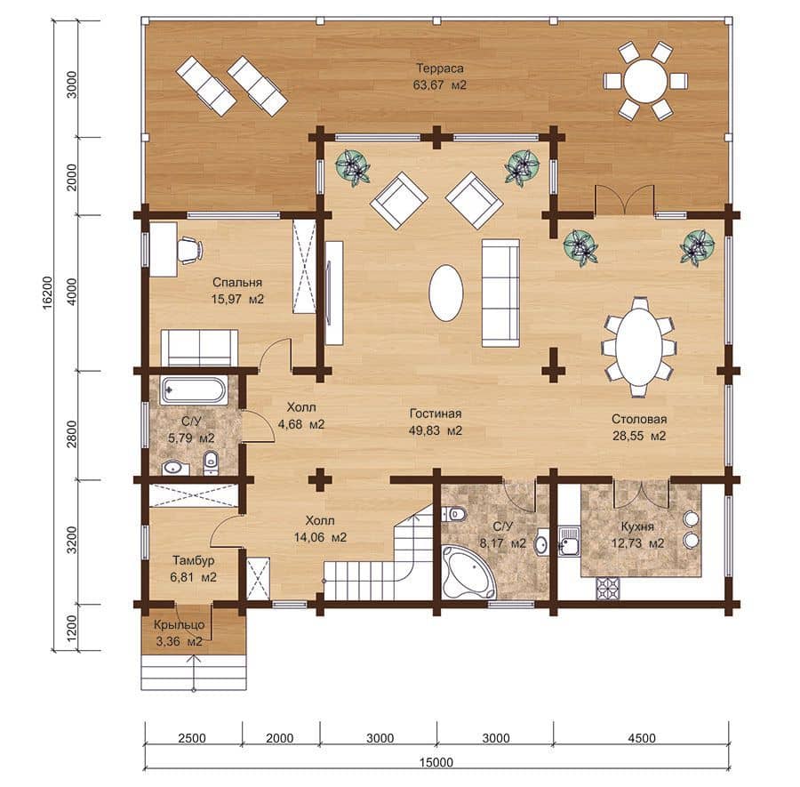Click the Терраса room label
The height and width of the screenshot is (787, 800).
point(439,68)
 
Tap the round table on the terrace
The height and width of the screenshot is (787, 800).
point(645,82)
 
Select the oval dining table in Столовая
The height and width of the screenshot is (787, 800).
point(639,347)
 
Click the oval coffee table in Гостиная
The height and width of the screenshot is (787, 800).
point(446,293)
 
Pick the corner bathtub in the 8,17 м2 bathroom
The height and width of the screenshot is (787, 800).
point(468,572)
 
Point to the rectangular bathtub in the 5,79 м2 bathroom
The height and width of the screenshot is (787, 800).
point(194,391)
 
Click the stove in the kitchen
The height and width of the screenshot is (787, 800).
point(608,588)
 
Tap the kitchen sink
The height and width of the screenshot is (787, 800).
point(568,541)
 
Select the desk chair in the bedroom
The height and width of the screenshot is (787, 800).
point(190,250)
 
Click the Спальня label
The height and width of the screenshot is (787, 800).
point(237,282)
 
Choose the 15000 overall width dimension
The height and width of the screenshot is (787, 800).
point(436,763)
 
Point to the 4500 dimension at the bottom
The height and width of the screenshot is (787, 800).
point(641,738)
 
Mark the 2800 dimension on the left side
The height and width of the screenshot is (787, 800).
point(71,434)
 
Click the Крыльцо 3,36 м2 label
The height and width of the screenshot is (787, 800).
point(179,633)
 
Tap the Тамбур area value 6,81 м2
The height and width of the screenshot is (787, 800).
point(194,577)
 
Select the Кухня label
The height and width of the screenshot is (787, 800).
point(637,526)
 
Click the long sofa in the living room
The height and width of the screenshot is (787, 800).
point(500,293)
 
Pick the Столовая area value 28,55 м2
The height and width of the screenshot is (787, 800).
point(639,436)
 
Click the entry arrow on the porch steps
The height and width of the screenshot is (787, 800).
point(194,671)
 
